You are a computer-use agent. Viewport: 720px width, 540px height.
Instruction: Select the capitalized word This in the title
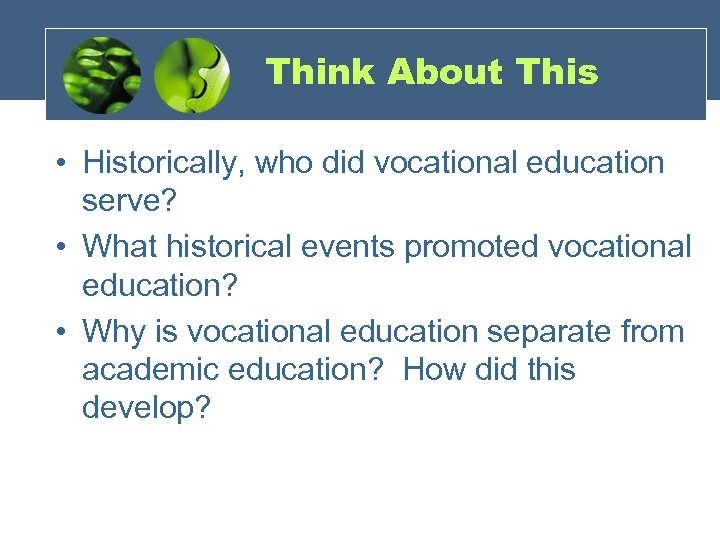tap(557, 72)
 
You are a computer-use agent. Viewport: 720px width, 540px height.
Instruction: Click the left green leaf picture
tap(101, 75)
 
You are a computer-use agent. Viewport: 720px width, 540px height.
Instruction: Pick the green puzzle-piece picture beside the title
tap(192, 75)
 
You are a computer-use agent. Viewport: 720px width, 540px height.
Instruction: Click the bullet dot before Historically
tap(62, 163)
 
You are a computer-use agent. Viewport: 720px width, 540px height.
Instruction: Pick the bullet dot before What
tap(62, 246)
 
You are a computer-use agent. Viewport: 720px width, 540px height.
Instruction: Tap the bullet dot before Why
tap(62, 330)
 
